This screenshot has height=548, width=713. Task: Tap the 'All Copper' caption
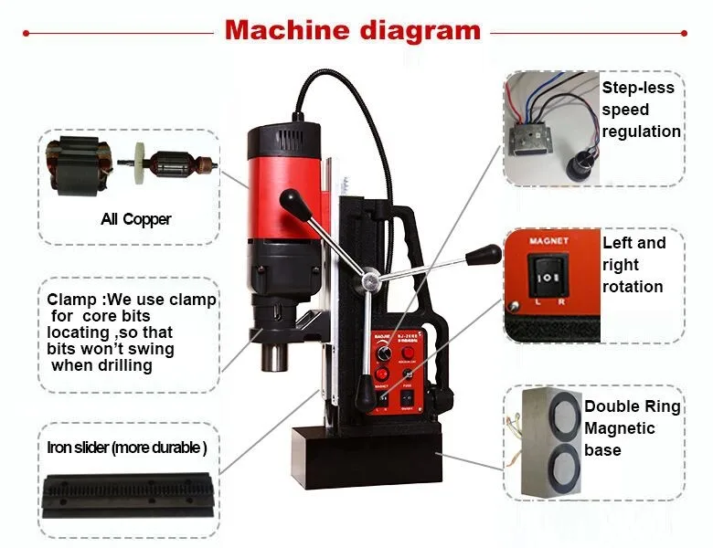click(135, 219)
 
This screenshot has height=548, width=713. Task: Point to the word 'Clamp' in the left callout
click(69, 300)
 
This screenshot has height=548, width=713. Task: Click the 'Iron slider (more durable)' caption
click(127, 448)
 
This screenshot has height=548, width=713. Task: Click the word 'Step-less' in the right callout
click(637, 88)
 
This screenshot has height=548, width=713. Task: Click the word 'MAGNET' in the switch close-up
click(548, 242)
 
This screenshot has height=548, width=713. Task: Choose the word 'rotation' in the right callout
click(633, 287)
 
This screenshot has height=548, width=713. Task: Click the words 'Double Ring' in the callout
click(633, 406)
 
